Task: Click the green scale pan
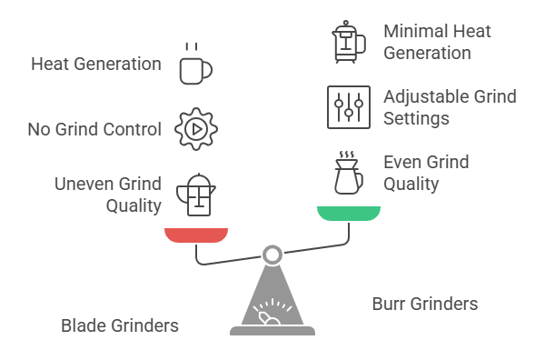pyautogui.click(x=349, y=214)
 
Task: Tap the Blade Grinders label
pyautogui.click(x=119, y=325)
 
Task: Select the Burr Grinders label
pyautogui.click(x=425, y=303)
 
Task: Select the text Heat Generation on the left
pyautogui.click(x=95, y=65)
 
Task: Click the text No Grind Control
pyautogui.click(x=94, y=129)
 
